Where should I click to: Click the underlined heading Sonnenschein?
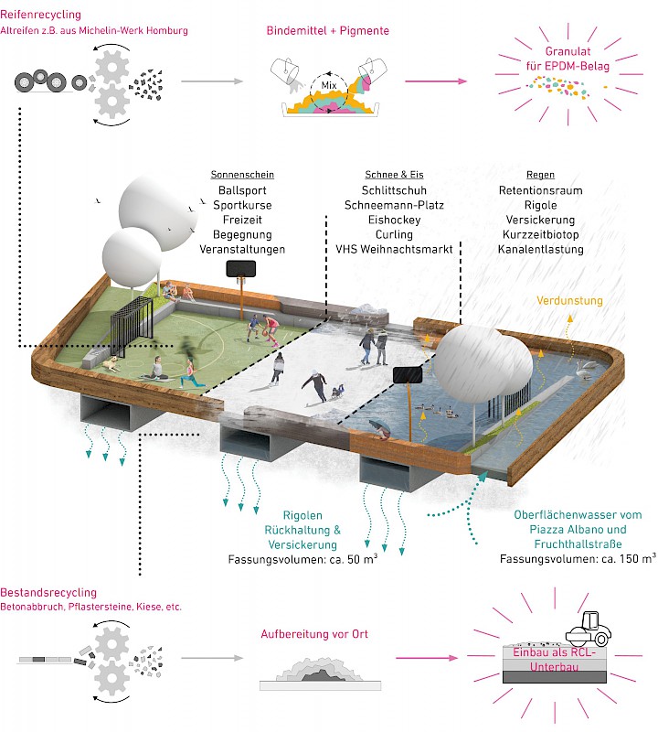[x=242, y=174]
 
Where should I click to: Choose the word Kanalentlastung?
[x=541, y=249]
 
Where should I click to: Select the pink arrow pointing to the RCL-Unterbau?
[x=428, y=657]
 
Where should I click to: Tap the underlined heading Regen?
[x=541, y=174]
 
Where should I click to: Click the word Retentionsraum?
[x=541, y=190]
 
